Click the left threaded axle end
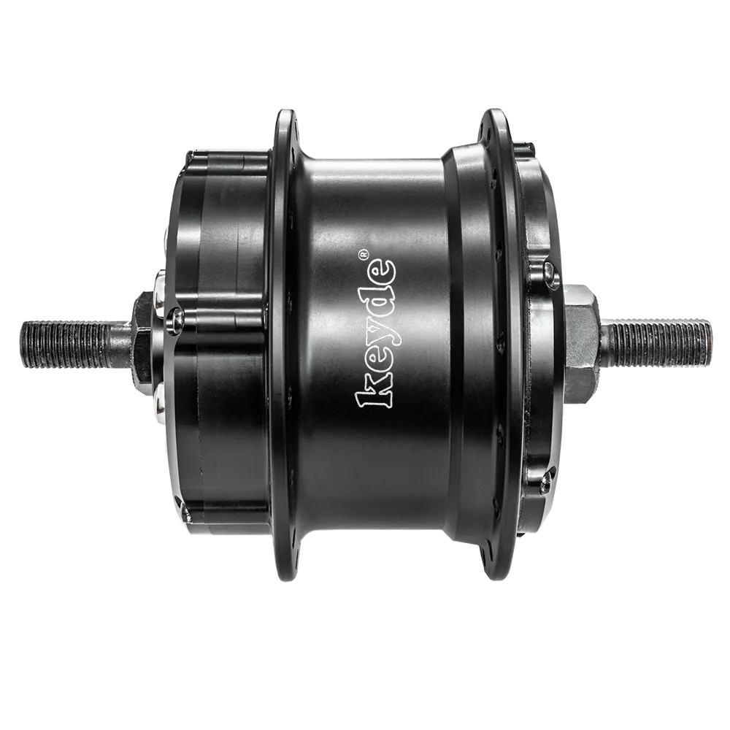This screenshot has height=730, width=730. click(74, 344)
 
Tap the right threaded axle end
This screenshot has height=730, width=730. click(656, 342)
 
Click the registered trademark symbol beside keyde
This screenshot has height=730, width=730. click(363, 254)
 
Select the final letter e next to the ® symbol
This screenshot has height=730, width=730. click(382, 270)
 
